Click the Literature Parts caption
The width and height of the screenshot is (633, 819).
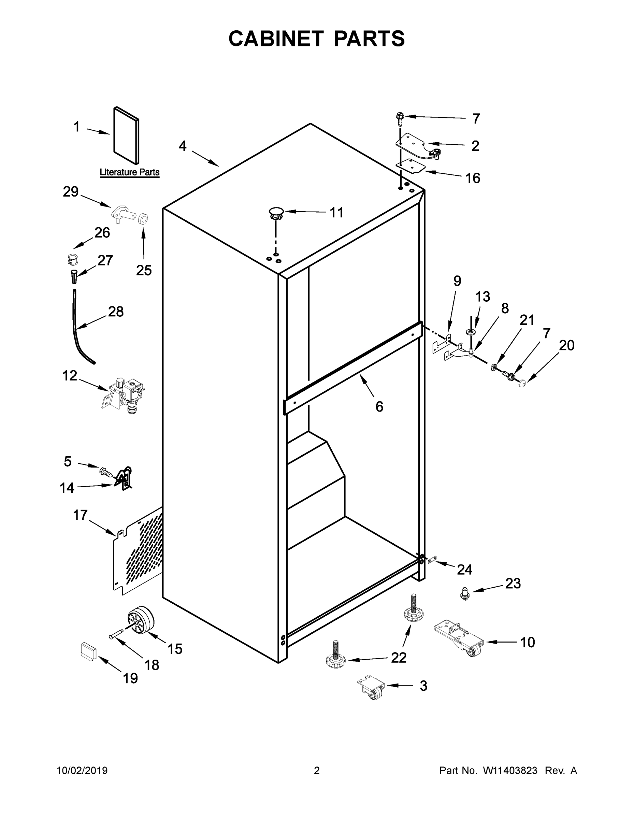(129, 172)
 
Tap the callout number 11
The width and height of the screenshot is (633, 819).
(336, 213)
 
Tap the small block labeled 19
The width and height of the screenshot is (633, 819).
(88, 651)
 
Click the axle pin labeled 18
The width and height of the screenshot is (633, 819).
(119, 633)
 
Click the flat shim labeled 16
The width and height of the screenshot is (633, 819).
(411, 166)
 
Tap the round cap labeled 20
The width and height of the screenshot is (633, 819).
(522, 384)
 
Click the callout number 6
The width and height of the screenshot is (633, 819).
(379, 406)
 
